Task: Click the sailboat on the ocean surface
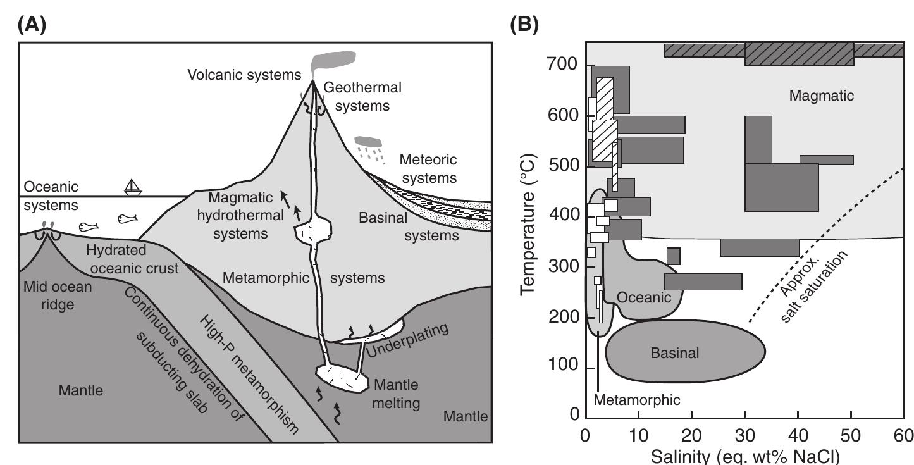point(132,187)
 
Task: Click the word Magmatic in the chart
point(821,96)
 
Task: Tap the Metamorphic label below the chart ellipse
point(637,399)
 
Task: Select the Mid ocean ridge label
point(57,295)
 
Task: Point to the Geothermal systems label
point(362,96)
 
